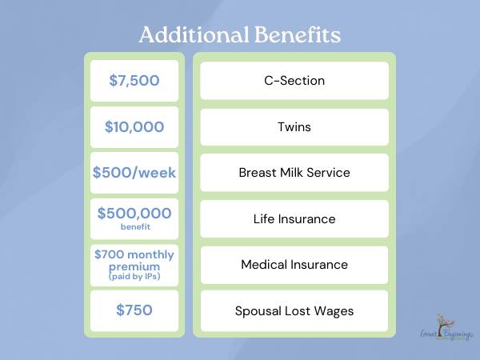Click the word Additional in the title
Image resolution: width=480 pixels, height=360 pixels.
194,34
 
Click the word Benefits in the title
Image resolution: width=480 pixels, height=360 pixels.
298,34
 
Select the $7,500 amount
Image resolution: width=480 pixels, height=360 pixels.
134,81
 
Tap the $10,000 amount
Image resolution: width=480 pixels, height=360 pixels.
134,126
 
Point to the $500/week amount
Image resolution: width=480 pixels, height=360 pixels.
134,173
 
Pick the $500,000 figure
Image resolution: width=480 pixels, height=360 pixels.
134,213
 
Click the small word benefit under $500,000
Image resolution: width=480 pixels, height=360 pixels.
135,227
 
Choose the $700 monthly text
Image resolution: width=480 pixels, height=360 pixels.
134,254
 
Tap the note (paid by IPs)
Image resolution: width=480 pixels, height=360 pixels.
134,277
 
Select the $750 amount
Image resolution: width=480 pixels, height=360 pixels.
134,310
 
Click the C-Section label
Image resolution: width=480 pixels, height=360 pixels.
294,81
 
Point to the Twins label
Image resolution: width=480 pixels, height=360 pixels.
294,126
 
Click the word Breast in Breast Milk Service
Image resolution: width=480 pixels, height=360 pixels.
258,173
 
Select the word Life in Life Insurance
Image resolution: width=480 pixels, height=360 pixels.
264,219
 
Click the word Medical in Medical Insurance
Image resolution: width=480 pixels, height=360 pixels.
264,265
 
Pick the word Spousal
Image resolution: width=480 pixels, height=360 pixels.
258,311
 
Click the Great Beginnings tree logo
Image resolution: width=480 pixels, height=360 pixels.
446,327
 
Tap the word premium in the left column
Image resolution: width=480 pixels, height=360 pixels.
134,267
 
